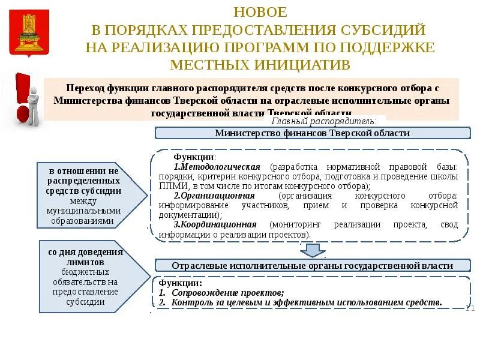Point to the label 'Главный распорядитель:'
click(x=337, y=121)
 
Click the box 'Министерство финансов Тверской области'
click(x=312, y=133)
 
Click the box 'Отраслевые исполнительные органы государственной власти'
click(x=312, y=265)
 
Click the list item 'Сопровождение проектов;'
click(x=227, y=293)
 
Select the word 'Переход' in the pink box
click(x=85, y=88)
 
